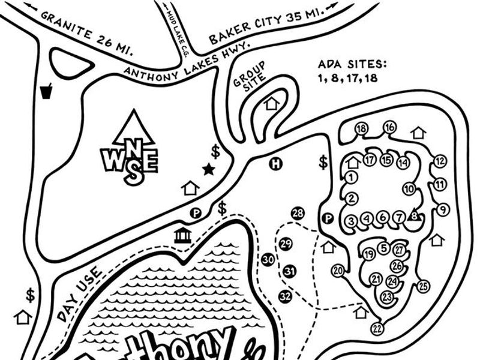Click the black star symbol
(x=209, y=169)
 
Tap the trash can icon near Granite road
(x=46, y=92)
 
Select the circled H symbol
(x=275, y=164)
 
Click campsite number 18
(x=361, y=128)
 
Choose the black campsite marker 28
(x=298, y=214)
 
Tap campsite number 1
(x=352, y=176)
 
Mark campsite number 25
(x=424, y=286)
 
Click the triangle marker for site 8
(x=413, y=216)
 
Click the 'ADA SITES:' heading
(x=353, y=64)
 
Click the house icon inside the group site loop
(x=272, y=103)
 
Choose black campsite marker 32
(x=285, y=296)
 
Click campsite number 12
(x=440, y=161)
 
